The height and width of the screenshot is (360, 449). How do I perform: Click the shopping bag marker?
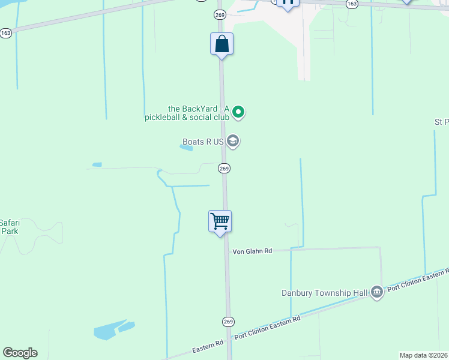click(x=222, y=44)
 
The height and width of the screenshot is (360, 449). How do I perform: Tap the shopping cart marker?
click(x=220, y=221)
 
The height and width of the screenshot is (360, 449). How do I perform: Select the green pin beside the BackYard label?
click(x=238, y=112)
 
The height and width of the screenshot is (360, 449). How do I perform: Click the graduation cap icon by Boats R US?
click(x=234, y=142)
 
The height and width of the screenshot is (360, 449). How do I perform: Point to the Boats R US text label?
click(x=203, y=142)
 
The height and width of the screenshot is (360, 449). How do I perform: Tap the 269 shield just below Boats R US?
click(x=224, y=169)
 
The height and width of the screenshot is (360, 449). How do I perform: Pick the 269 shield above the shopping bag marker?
click(x=220, y=14)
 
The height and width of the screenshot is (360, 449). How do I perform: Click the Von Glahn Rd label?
click(x=252, y=251)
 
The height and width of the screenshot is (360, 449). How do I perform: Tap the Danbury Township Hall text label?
click(x=324, y=293)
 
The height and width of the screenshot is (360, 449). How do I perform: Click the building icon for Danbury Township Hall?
click(x=376, y=292)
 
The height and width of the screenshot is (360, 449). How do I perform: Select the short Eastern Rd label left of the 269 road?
click(x=208, y=346)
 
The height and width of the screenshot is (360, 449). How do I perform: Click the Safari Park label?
click(x=10, y=226)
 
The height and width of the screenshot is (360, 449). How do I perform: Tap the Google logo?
click(x=20, y=353)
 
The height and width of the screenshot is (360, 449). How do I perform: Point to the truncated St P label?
click(x=441, y=122)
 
